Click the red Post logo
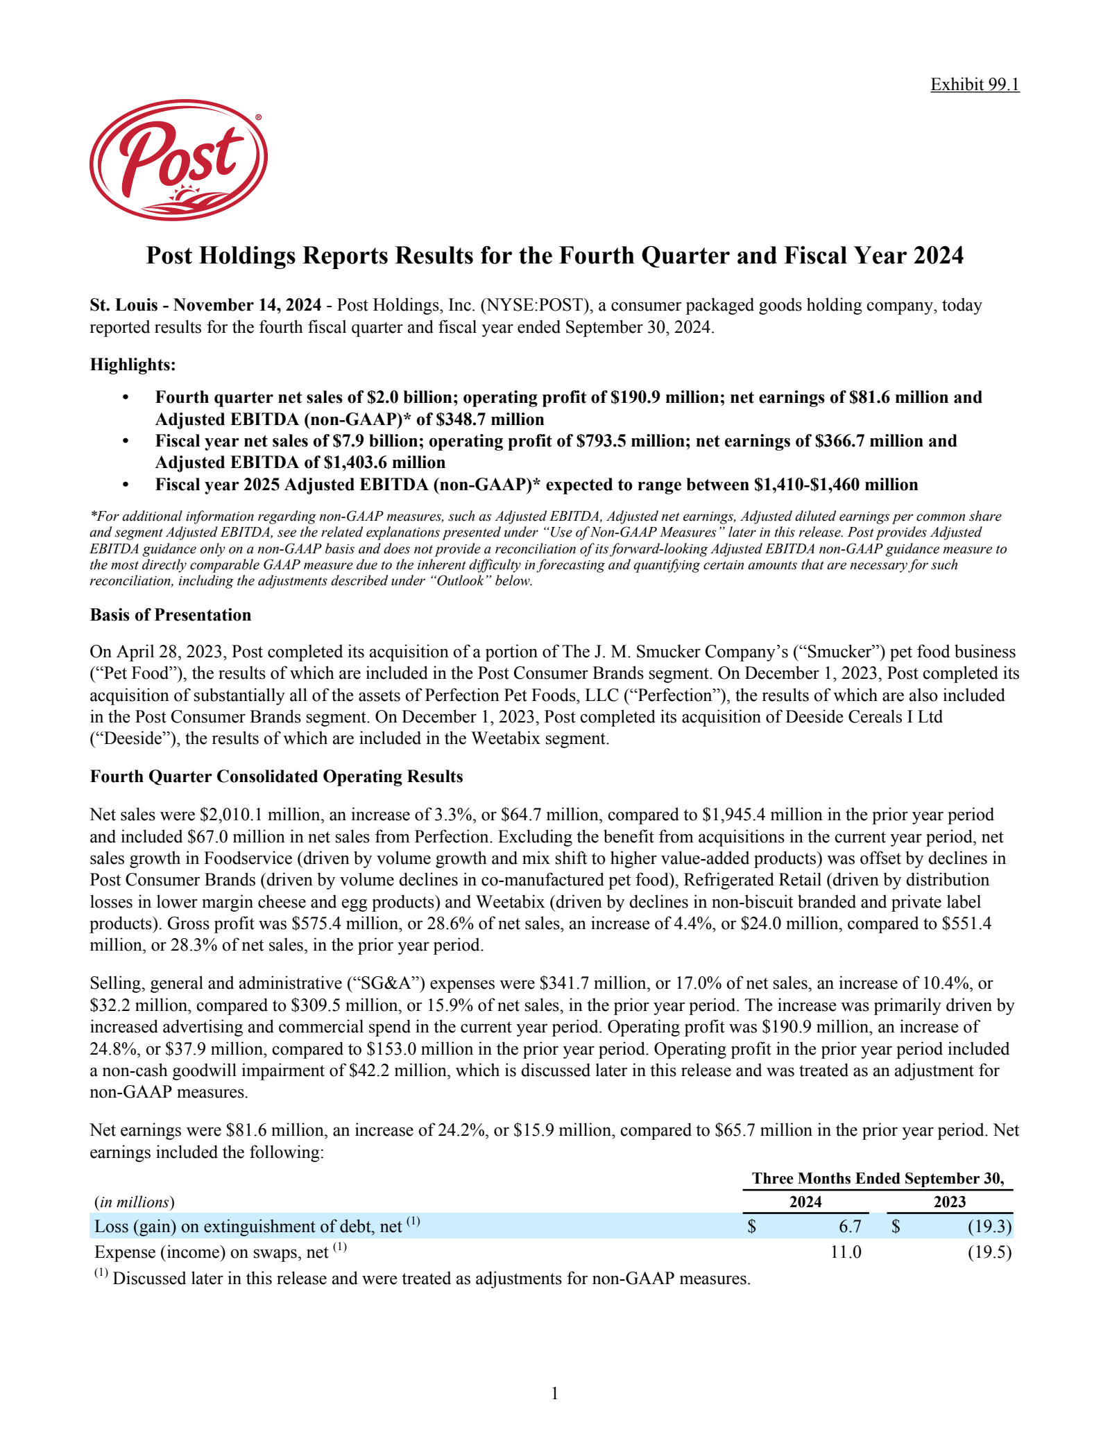(x=178, y=160)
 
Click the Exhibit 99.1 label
(x=974, y=85)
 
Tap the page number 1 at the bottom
(x=554, y=1393)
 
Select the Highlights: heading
(x=133, y=364)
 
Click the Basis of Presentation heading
(x=171, y=615)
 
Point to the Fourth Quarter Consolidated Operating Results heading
(x=276, y=777)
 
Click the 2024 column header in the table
(x=805, y=1202)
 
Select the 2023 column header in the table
(x=950, y=1202)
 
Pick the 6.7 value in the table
(x=850, y=1227)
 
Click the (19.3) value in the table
(x=989, y=1227)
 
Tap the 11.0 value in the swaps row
(x=846, y=1252)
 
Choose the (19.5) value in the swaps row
(x=989, y=1252)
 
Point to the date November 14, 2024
(x=248, y=305)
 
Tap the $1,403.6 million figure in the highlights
(x=389, y=462)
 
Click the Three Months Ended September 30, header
(x=878, y=1178)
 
